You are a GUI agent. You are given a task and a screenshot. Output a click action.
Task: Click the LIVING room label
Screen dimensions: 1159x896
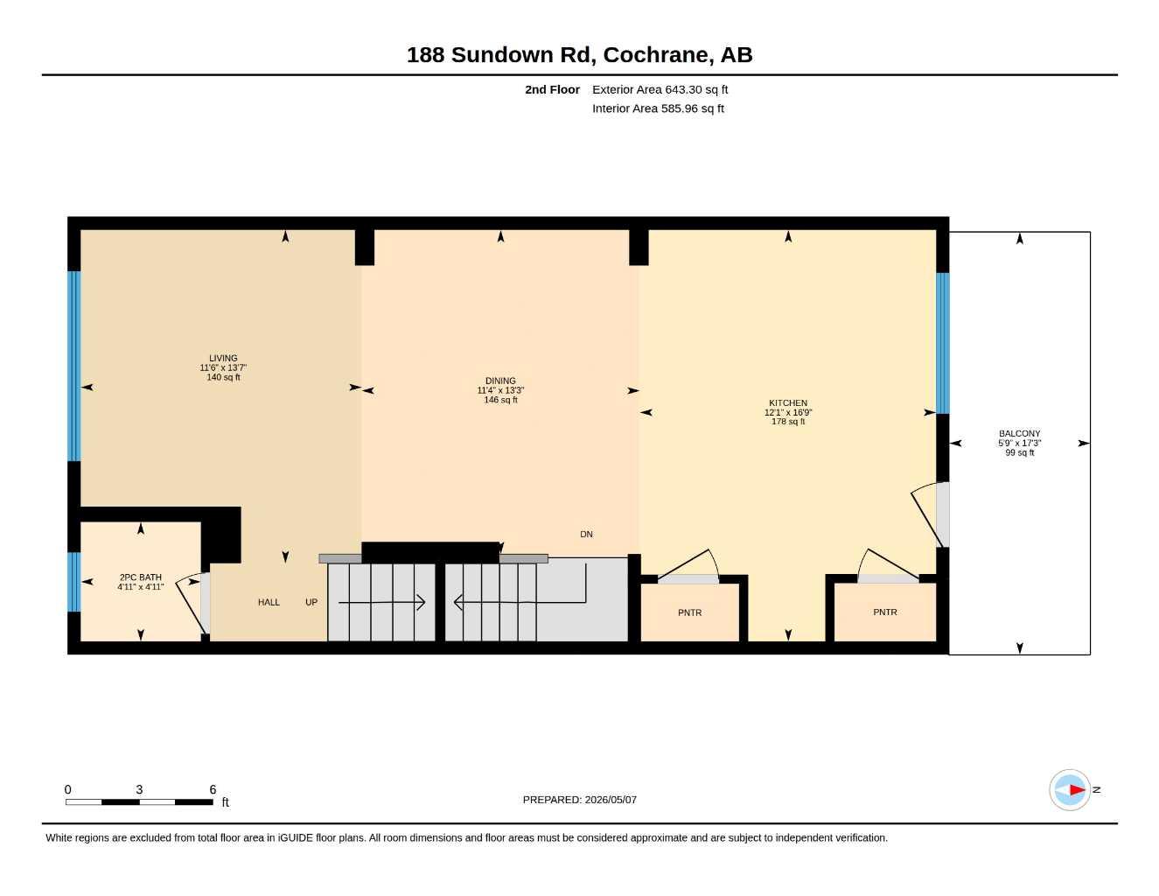click(223, 358)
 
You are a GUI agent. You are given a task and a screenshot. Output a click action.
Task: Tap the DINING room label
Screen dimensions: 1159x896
click(500, 381)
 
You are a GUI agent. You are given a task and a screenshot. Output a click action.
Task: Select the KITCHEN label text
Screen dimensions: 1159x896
click(788, 402)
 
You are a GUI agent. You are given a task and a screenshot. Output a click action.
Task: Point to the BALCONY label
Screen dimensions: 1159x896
click(1019, 434)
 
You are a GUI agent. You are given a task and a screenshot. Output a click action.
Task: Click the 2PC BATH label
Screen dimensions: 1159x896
click(140, 577)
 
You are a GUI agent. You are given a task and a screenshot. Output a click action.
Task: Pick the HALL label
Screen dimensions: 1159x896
click(269, 602)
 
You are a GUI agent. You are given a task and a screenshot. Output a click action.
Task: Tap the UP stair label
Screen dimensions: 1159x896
click(311, 602)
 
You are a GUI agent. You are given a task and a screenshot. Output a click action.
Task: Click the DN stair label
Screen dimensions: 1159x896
click(586, 535)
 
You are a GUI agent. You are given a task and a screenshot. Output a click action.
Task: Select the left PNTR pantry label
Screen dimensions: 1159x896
click(689, 612)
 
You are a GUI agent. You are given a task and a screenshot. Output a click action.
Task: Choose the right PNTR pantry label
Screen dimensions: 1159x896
click(885, 612)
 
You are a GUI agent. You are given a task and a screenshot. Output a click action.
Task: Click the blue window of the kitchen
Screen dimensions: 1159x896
click(942, 344)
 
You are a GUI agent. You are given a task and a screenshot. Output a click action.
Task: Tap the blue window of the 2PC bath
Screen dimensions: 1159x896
click(74, 582)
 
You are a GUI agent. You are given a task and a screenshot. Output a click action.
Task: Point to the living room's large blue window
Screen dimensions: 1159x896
click(74, 366)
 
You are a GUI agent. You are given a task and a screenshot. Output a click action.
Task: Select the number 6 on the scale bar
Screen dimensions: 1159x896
click(213, 789)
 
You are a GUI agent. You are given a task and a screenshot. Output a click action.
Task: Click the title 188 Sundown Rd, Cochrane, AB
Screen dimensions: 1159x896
click(580, 55)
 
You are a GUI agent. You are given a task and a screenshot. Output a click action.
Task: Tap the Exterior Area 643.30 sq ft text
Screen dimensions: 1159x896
click(660, 89)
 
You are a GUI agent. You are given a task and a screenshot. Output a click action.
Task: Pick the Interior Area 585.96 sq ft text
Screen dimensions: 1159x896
click(658, 108)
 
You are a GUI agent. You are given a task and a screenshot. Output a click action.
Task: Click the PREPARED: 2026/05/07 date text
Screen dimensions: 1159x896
click(580, 800)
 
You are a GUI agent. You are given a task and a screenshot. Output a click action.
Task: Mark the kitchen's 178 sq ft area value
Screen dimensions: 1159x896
click(788, 422)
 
